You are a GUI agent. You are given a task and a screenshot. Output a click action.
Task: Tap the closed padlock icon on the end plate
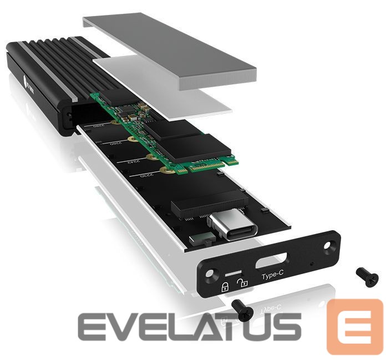[x=226, y=287]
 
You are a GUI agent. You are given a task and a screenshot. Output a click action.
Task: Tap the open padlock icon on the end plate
[x=242, y=283]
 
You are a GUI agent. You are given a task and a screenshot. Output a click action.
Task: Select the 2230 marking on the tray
[x=146, y=177]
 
